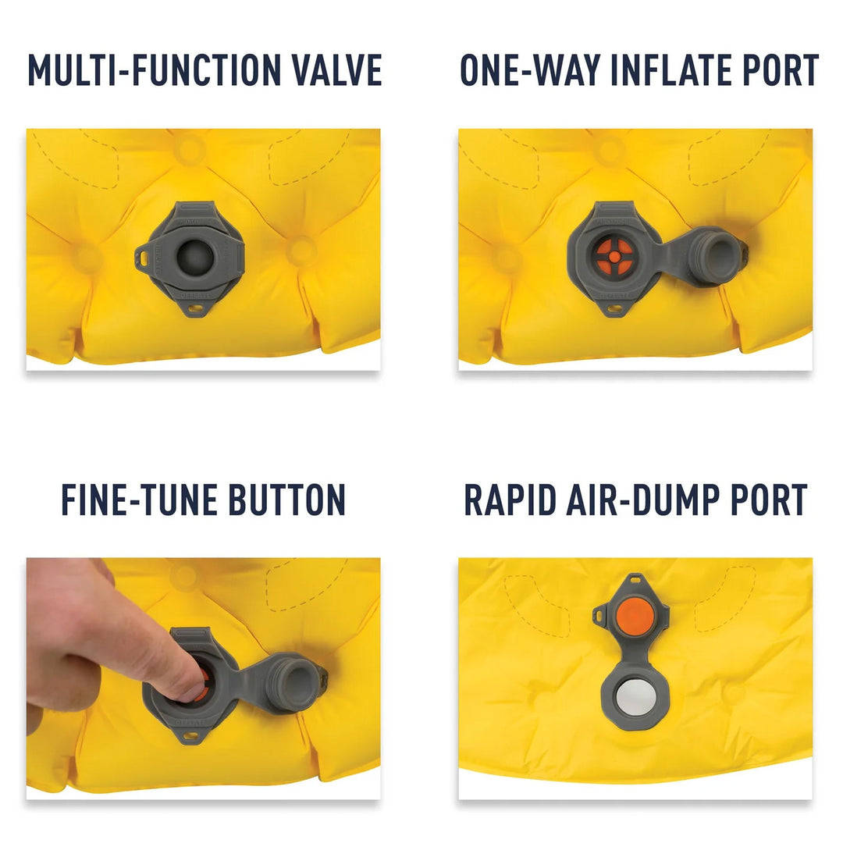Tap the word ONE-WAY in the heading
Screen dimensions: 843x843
coord(529,70)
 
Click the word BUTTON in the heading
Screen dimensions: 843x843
coord(287,500)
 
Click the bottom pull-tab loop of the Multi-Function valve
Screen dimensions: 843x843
coord(194,309)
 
